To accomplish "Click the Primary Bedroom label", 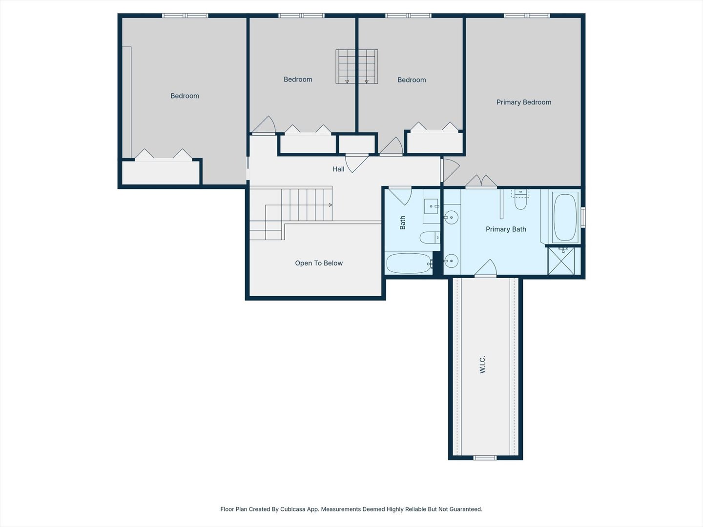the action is (524, 102).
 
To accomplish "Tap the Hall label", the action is (338, 169).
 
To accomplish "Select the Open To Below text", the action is (319, 263).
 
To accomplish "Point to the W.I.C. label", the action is (482, 364).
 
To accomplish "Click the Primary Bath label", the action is (506, 229).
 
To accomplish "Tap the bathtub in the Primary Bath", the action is (565, 217).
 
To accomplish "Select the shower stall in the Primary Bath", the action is (561, 261).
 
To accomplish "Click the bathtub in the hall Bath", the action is (409, 263).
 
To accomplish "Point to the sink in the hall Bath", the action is (432, 206).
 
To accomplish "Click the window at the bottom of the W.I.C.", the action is (485, 458).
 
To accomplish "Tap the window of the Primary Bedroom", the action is (527, 15).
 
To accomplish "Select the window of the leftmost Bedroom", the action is (185, 15).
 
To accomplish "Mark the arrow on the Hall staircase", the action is (330, 205).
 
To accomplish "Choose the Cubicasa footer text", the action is (351, 509).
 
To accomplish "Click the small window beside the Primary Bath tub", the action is (583, 217).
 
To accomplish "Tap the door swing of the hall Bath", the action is (400, 196).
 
